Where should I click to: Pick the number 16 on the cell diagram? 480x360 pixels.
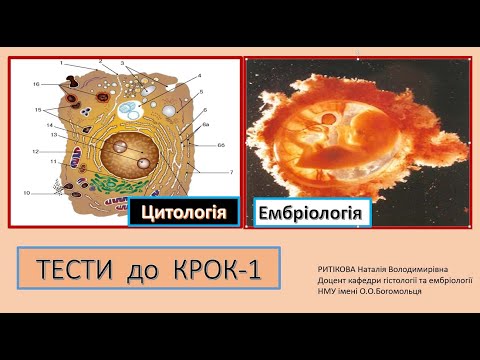point(35,84)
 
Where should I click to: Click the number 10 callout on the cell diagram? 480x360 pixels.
point(27,192)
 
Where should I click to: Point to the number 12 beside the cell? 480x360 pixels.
point(35,152)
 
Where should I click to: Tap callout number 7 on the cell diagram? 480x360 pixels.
point(231,171)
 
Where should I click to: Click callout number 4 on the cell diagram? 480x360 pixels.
point(199,76)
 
